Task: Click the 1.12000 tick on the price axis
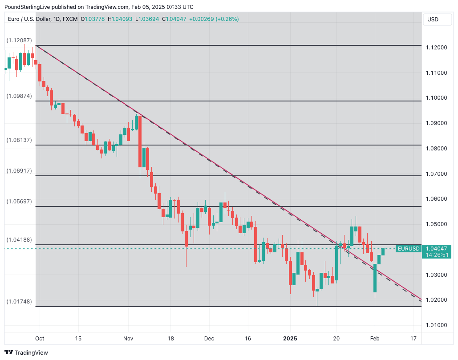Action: point(436,48)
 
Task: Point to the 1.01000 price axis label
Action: point(436,325)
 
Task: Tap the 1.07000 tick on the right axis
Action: point(436,174)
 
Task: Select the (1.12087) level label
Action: point(19,40)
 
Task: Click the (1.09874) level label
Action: point(19,96)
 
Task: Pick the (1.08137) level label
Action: point(19,140)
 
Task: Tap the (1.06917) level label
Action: point(19,170)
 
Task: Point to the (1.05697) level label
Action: point(19,201)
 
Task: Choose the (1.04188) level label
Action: point(19,239)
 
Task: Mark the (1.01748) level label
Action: point(19,301)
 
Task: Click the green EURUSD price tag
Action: point(408,249)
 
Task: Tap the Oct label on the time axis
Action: point(40,339)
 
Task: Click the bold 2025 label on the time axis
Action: point(290,339)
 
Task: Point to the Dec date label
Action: point(209,339)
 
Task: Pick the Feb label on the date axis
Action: point(375,339)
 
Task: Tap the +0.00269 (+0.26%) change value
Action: point(214,19)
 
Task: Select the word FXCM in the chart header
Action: point(70,19)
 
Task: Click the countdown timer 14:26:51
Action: point(436,255)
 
